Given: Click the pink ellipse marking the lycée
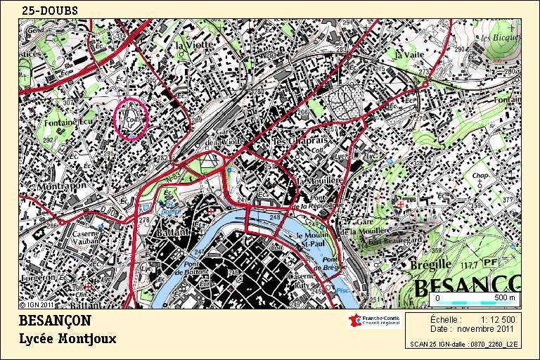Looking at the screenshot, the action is [131, 120].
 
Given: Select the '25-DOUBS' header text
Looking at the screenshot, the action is [50, 10].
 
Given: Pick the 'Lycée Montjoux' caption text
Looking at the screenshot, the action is [67, 338].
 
